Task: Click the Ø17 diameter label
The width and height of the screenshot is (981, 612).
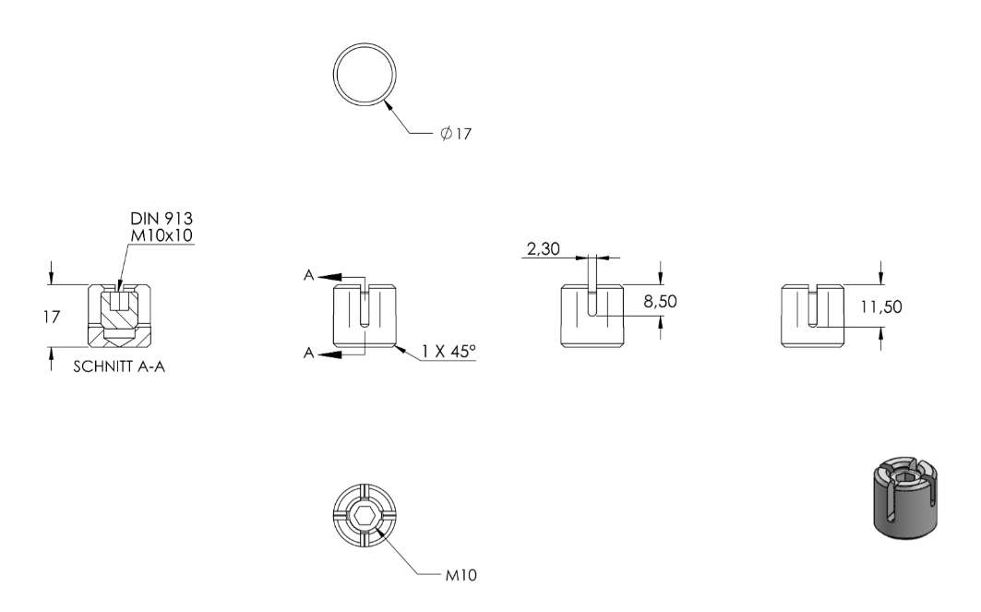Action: (456, 133)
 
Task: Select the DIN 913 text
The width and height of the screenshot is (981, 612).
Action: (162, 219)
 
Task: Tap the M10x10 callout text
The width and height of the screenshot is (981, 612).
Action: (162, 235)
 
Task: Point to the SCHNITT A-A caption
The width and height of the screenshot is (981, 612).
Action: (119, 366)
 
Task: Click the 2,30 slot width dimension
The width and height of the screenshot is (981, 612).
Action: (543, 249)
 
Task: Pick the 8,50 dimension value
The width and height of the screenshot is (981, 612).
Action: (660, 302)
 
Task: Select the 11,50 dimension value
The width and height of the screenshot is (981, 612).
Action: (881, 306)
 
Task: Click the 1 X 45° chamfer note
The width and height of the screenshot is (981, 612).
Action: (448, 352)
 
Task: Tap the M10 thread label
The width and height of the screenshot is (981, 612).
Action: (461, 575)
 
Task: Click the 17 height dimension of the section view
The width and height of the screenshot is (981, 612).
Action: (52, 318)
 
